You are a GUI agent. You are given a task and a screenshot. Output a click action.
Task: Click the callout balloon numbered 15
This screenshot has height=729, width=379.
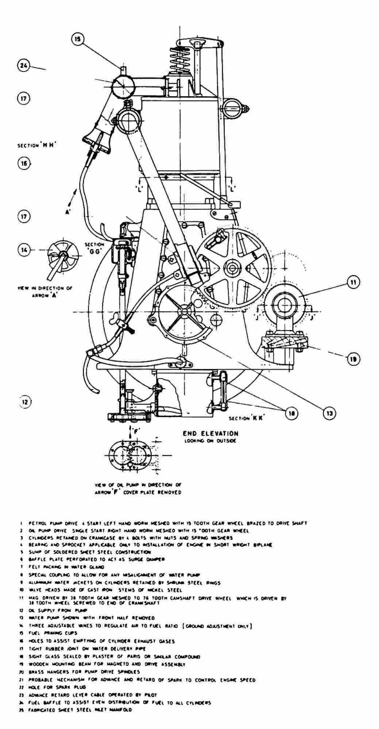[78, 39]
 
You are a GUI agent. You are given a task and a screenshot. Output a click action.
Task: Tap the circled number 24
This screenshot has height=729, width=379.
[23, 66]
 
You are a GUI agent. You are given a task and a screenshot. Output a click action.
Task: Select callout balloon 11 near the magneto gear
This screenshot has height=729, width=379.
[353, 282]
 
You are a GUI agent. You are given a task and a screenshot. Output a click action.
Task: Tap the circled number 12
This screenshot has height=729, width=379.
[24, 402]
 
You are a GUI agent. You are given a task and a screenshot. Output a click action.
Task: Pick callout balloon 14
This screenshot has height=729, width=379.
[24, 250]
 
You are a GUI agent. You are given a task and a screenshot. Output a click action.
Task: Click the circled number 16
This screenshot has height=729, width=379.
[24, 163]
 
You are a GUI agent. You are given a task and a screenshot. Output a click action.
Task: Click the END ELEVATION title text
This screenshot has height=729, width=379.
[211, 433]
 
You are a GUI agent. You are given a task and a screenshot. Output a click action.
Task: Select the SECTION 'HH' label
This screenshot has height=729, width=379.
[37, 145]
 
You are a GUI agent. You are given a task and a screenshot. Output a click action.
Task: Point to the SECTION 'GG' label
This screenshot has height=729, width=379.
[94, 248]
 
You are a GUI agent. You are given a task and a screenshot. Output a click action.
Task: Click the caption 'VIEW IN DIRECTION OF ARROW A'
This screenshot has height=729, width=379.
[45, 291]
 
